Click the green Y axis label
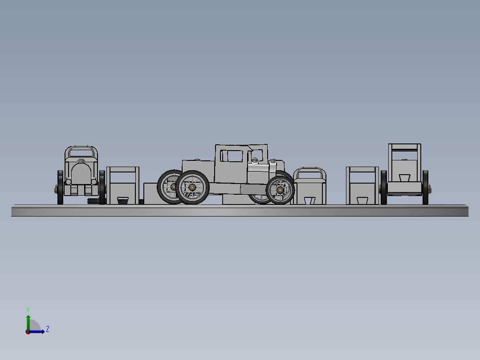28,309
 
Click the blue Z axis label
47,329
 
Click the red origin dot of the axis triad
28,332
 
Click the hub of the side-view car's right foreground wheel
280,190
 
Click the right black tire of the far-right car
426,187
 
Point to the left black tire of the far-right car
384,187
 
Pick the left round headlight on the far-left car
69,181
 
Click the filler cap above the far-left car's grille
81,160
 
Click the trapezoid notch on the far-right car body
404,177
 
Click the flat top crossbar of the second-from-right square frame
362,169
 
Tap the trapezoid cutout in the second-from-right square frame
362,200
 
